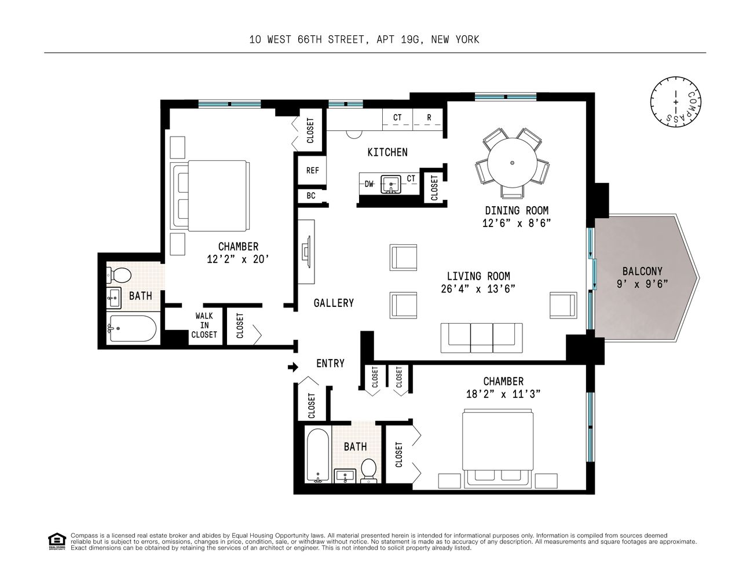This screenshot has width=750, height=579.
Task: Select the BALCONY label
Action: (642, 271)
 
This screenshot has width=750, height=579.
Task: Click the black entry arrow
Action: (293, 367)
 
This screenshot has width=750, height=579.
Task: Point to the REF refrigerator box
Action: (313, 171)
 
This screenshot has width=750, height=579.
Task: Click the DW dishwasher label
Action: (369, 184)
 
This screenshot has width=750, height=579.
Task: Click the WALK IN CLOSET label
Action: (204, 325)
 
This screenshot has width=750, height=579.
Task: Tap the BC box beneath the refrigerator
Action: (311, 196)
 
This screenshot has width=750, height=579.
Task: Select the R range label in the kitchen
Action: (429, 118)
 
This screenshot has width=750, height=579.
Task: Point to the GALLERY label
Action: (334, 303)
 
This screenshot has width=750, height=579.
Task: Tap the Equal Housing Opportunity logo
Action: (56, 541)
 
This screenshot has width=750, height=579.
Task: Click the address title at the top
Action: (364, 40)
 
